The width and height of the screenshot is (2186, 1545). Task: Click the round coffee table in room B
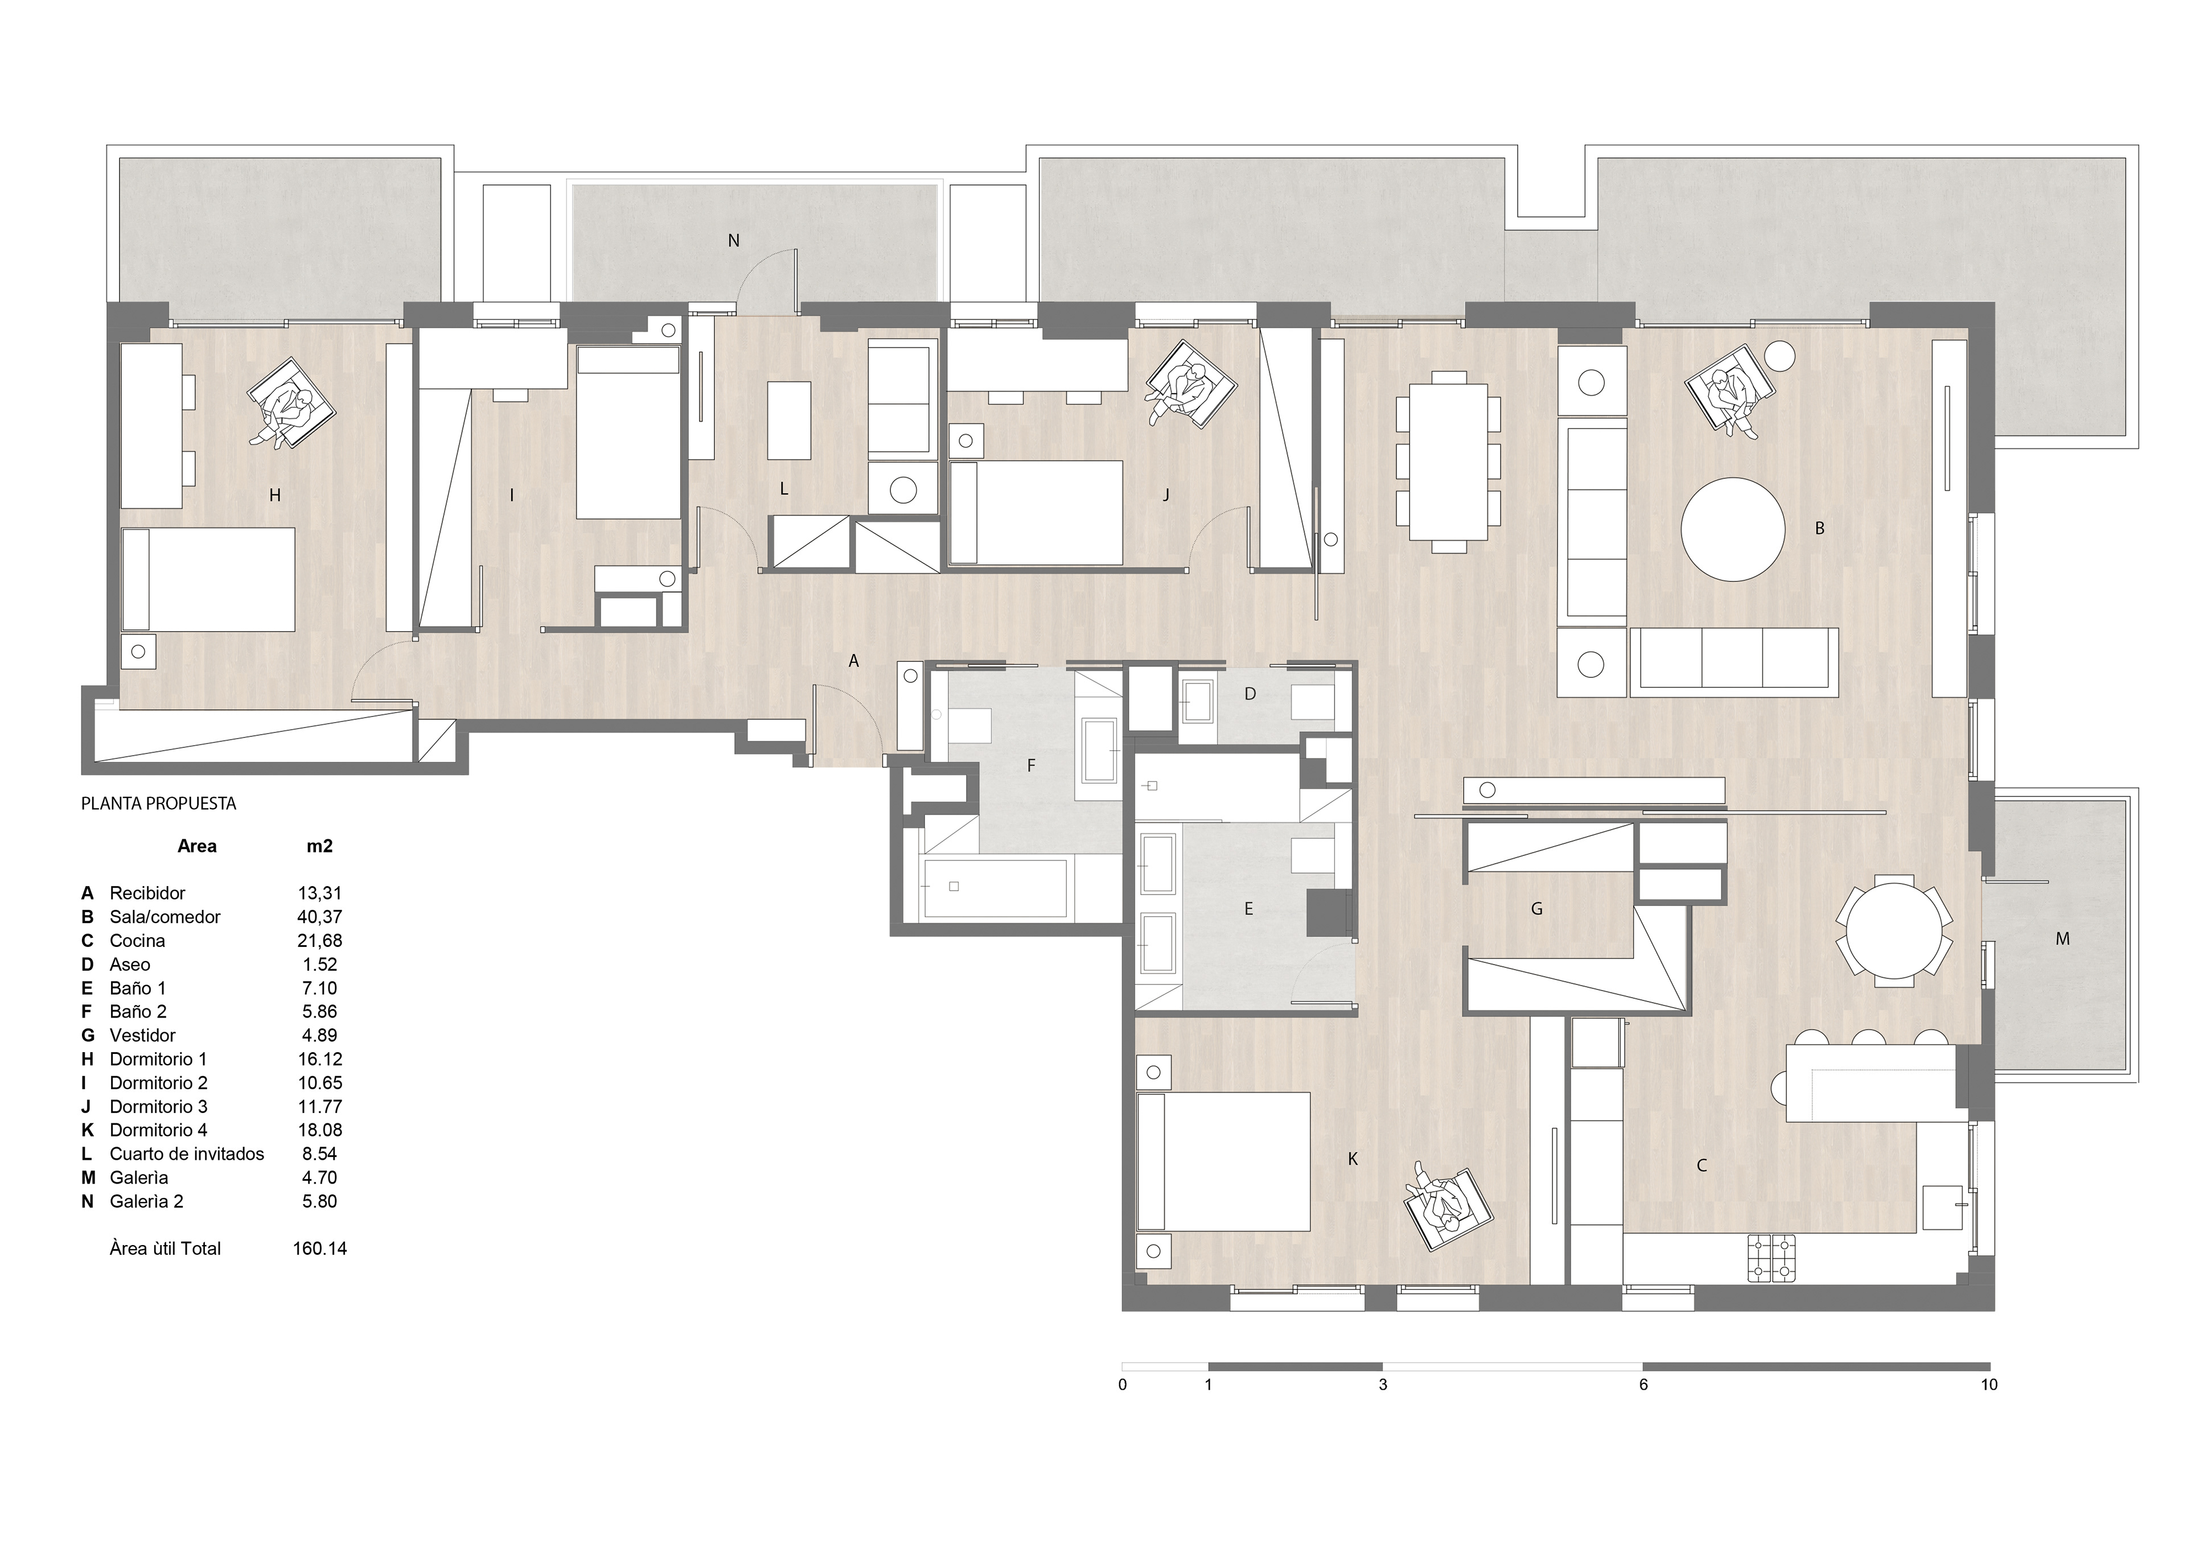click(x=1733, y=529)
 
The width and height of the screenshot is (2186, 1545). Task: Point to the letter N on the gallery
click(x=733, y=241)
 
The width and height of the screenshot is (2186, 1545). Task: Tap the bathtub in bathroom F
click(x=996, y=887)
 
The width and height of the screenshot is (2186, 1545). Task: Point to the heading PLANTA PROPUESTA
click(x=158, y=804)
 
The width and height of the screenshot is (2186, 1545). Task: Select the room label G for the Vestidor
click(x=1536, y=909)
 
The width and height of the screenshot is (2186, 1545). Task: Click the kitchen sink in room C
click(x=1942, y=1207)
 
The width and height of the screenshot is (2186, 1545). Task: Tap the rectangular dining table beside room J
click(x=1448, y=462)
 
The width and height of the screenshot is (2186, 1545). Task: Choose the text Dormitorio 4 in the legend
click(x=158, y=1130)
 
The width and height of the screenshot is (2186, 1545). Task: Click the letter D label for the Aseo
click(x=1250, y=694)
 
